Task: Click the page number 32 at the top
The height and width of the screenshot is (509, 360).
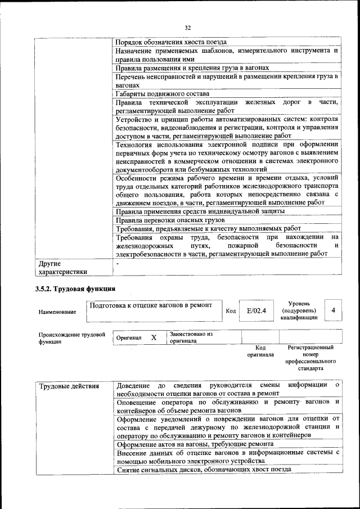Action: coord(188,26)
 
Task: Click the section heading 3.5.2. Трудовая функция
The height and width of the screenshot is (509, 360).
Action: coord(76,289)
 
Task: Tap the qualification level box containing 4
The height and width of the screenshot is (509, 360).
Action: coord(333,310)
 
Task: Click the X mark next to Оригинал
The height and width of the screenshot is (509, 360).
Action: coord(153,337)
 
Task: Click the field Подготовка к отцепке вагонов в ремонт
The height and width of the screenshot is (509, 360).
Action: coord(151,305)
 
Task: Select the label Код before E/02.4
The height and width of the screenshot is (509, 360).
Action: coord(231,310)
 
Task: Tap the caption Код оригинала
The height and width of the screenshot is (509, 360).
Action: coord(260,351)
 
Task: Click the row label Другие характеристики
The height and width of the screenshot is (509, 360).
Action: coord(62,268)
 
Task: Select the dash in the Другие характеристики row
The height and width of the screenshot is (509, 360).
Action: coord(118,263)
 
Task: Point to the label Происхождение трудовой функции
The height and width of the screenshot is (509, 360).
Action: coord(71,337)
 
